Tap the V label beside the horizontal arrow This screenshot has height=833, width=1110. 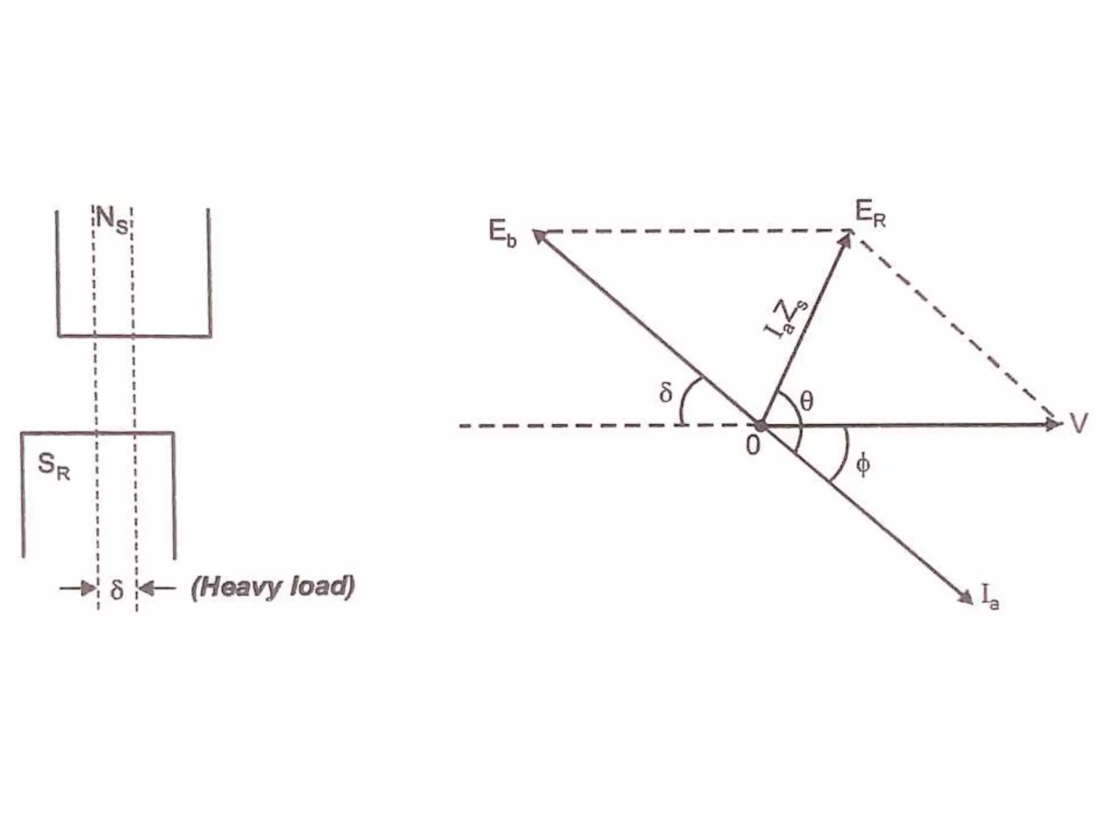1078,423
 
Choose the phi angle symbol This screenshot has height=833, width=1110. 863,465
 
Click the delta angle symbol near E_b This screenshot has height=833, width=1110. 666,392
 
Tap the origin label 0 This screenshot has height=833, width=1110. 753,446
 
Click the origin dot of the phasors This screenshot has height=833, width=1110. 761,425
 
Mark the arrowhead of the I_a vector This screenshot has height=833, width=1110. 965,596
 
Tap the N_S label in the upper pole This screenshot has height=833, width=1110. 112,223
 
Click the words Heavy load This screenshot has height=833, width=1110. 273,588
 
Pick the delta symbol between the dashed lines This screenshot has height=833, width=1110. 117,590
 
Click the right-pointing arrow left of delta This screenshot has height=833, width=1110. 79,588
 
